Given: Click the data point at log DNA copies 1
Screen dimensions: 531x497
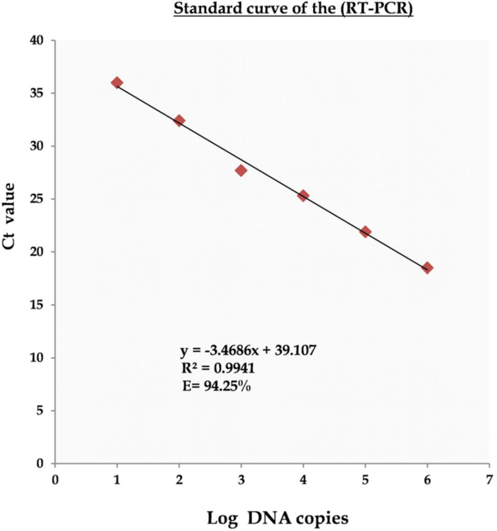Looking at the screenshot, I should click(116, 82).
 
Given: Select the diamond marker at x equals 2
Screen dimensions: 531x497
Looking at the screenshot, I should click(179, 121).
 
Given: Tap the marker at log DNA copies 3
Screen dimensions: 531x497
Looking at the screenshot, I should click(241, 170).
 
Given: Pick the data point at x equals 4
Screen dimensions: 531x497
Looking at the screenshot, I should click(303, 195).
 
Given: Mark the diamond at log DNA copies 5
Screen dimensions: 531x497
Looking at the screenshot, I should click(365, 232).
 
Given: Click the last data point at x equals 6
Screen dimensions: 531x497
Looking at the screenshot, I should click(428, 268).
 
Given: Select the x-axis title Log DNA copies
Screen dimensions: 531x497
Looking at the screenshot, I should click(278, 518).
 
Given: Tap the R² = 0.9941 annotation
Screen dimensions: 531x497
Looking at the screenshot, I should click(211, 368).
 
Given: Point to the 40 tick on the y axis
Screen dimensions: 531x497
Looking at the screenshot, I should click(41, 40).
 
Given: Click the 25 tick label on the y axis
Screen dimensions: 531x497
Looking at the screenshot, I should click(41, 199).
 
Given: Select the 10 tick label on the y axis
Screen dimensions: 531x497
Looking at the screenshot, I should click(41, 358).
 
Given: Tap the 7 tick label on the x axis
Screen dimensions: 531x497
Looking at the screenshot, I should click(489, 478).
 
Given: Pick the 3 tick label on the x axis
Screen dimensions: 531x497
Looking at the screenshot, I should click(241, 478).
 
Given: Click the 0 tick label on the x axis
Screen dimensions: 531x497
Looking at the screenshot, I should click(54, 478).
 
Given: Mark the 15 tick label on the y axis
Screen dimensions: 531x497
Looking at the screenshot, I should click(41, 305).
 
